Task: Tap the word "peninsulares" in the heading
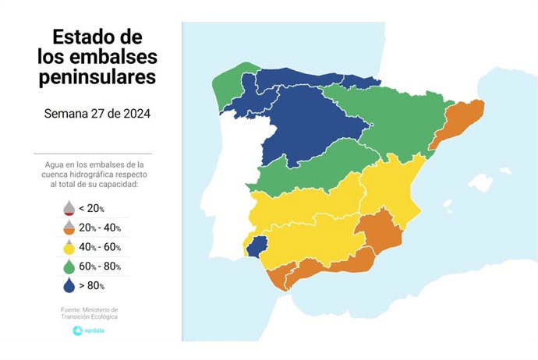point(96,77)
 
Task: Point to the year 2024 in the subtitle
point(134,114)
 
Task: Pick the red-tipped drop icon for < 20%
point(69,208)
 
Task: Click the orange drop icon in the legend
point(69,228)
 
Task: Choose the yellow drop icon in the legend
point(69,247)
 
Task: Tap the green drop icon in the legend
point(69,266)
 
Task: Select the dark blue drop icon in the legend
point(69,286)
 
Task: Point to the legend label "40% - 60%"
point(100,248)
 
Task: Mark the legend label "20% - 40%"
point(100,228)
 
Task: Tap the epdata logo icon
point(77,331)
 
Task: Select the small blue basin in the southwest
point(258,247)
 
